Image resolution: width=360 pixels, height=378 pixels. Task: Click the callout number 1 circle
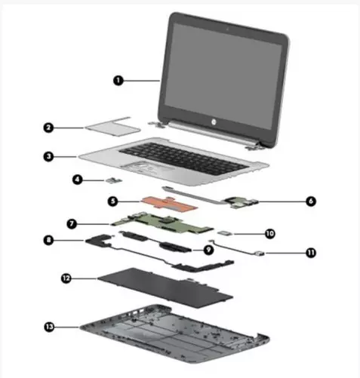pyautogui.click(x=118, y=81)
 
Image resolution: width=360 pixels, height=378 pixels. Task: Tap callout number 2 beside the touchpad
pyautogui.click(x=48, y=128)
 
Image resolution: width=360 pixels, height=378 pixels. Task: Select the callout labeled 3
pyautogui.click(x=48, y=157)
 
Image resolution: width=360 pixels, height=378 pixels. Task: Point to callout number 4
pyautogui.click(x=78, y=180)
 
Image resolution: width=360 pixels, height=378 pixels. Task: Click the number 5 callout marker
pyautogui.click(x=113, y=201)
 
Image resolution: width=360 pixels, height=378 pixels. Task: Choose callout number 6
pyautogui.click(x=311, y=201)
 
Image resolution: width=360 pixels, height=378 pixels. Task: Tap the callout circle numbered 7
pyautogui.click(x=72, y=223)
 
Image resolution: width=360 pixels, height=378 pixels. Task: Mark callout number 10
pyautogui.click(x=270, y=234)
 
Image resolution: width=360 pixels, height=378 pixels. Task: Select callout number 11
pyautogui.click(x=311, y=253)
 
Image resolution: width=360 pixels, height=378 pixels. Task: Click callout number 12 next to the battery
pyautogui.click(x=66, y=278)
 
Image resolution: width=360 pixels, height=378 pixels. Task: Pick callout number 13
pyautogui.click(x=49, y=327)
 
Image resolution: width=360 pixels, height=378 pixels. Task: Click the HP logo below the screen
pyautogui.click(x=214, y=122)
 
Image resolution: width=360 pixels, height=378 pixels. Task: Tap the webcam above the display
pyautogui.click(x=227, y=29)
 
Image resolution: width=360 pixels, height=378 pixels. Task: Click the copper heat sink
pyautogui.click(x=170, y=204)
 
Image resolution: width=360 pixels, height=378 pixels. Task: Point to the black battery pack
pyautogui.click(x=165, y=287)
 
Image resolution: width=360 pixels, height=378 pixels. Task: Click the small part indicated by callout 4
pyautogui.click(x=114, y=180)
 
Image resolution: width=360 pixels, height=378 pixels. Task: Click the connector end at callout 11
pyautogui.click(x=259, y=253)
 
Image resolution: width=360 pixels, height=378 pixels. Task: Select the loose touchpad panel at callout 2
pyautogui.click(x=112, y=127)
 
